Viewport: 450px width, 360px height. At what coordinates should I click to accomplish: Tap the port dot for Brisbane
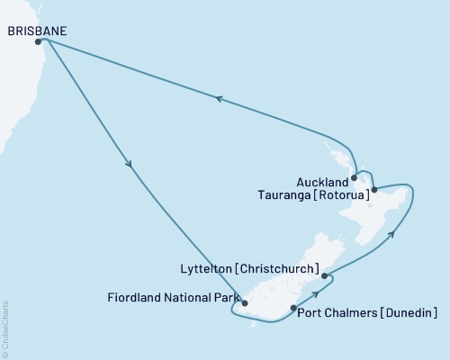[38, 41]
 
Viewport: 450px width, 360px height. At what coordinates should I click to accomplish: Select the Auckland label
[321, 178]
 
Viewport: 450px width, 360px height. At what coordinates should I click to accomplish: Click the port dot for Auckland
[355, 178]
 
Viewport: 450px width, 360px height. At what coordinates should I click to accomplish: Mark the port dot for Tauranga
[373, 190]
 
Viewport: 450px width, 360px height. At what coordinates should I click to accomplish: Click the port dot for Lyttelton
[324, 276]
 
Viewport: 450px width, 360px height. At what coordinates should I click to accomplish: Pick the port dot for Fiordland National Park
[245, 303]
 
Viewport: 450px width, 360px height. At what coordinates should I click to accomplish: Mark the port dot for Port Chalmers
[292, 309]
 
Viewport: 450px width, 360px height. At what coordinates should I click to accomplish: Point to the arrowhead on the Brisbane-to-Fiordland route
[130, 165]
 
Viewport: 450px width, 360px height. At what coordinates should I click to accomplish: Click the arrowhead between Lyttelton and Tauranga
[392, 235]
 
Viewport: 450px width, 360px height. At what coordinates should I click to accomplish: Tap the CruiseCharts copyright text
[5, 328]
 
